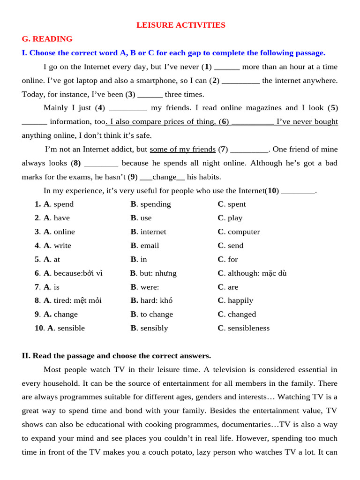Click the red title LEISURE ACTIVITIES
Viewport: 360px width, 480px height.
pos(180,25)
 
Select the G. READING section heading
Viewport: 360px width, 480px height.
pos(47,39)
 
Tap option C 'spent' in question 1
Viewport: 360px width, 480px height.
pos(232,204)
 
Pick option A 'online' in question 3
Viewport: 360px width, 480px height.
pos(59,232)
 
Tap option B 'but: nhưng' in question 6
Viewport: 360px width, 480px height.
pos(153,273)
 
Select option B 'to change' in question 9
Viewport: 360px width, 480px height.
pos(152,315)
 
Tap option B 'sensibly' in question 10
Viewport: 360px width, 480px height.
pos(149,328)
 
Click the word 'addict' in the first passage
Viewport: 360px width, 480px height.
pos(121,150)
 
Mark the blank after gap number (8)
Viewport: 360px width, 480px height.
pos(101,163)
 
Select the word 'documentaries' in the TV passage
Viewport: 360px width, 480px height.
pos(249,425)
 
